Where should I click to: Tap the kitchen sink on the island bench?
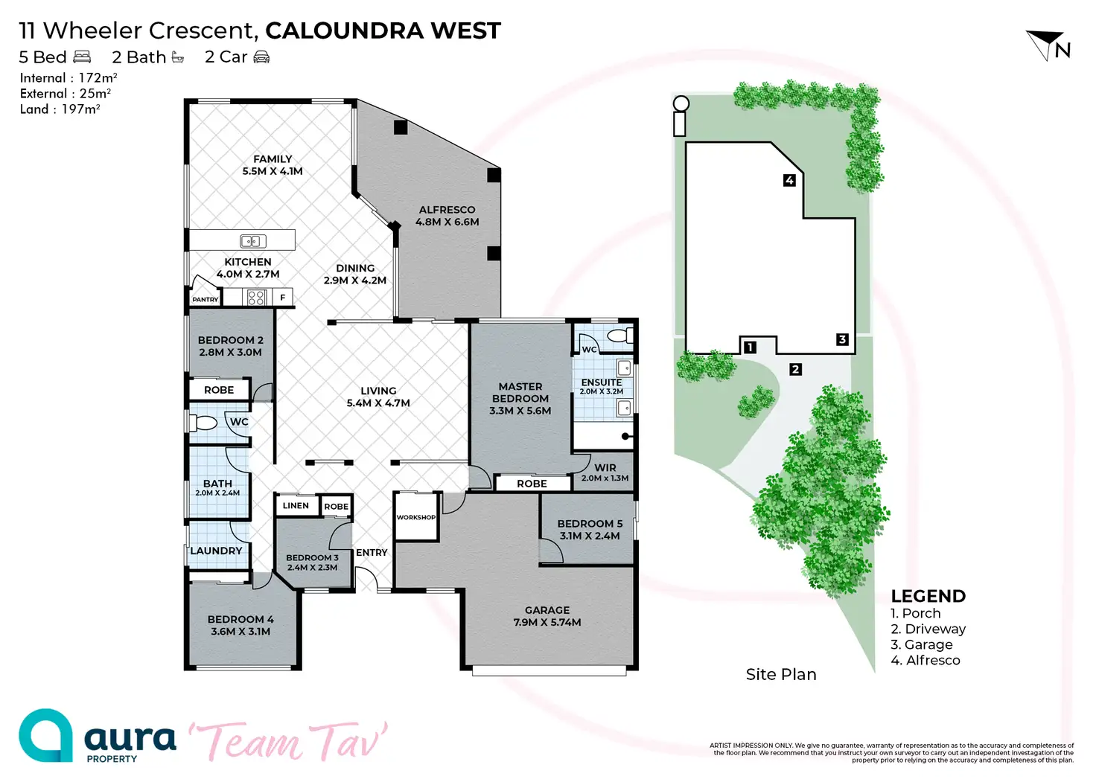tap(253, 241)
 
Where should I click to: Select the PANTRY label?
tap(205, 299)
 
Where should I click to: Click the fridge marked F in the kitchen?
tap(283, 298)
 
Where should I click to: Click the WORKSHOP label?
tap(415, 517)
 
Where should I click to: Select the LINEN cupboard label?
tap(296, 506)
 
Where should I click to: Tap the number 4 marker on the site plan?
tap(789, 180)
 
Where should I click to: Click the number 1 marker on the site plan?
tap(750, 347)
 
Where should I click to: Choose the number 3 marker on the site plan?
tap(842, 339)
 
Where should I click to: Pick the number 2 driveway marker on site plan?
tap(795, 369)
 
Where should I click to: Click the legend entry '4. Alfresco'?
tap(925, 661)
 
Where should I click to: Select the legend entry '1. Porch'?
tap(916, 614)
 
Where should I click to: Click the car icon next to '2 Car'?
tap(261, 57)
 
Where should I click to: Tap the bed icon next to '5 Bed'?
tap(82, 57)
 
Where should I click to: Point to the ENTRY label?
tap(372, 553)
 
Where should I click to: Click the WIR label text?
tap(605, 468)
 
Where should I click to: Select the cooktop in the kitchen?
tap(256, 298)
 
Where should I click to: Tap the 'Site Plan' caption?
tap(781, 675)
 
